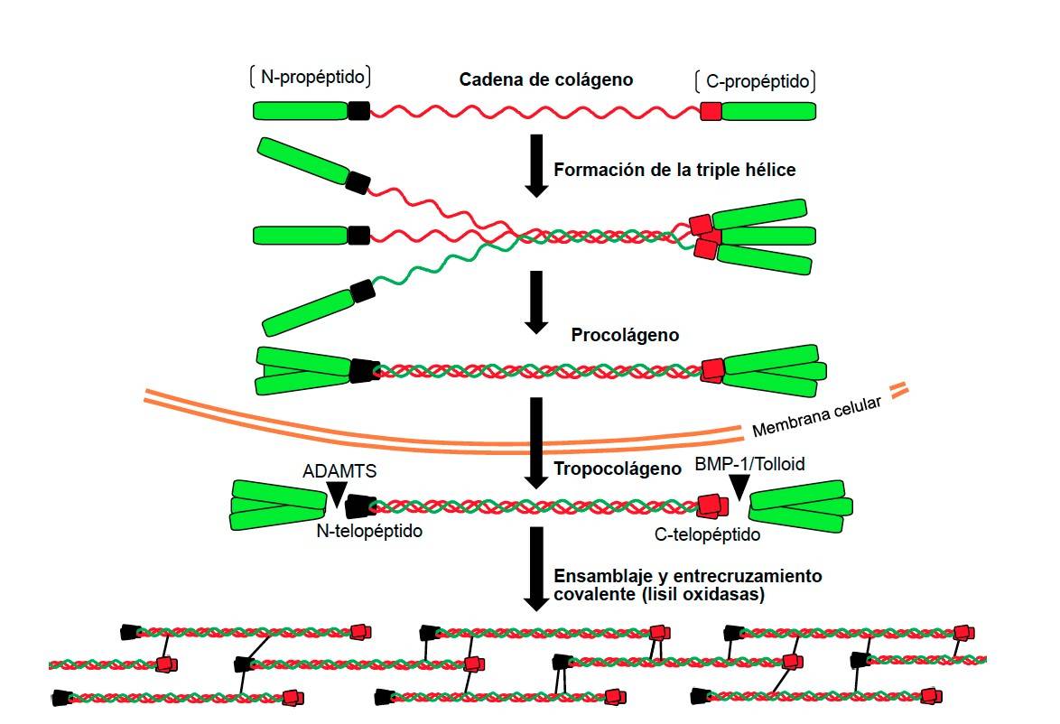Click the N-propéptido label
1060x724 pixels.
(312, 79)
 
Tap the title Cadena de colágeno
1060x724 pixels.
(546, 79)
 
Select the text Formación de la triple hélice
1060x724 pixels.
(674, 169)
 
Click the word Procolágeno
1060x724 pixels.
(625, 335)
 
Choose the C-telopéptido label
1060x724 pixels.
(707, 534)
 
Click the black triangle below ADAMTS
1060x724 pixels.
(336, 493)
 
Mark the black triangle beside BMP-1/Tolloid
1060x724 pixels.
(740, 488)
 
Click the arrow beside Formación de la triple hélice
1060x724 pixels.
(536, 164)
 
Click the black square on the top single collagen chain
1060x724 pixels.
(358, 111)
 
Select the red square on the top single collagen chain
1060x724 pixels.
(711, 111)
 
